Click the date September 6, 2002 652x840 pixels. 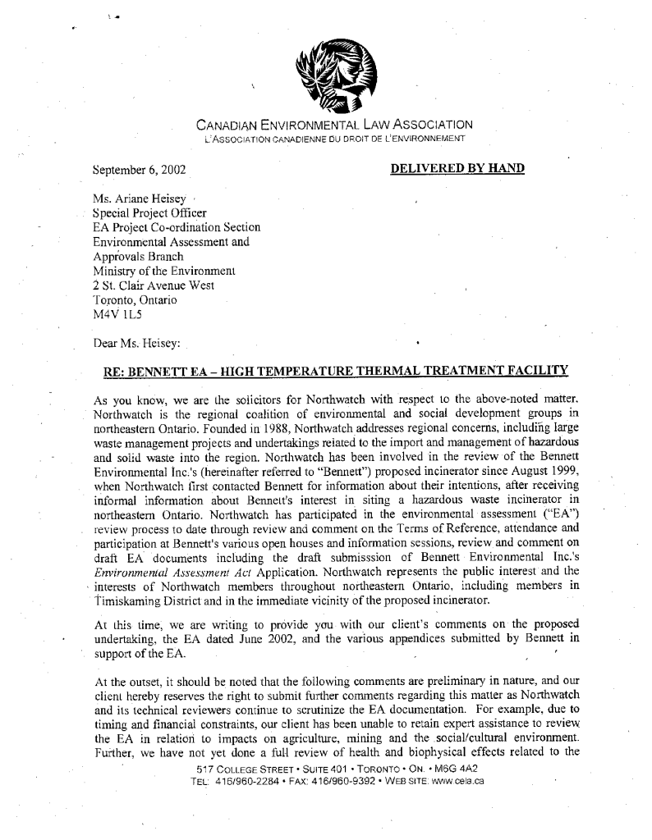pyautogui.click(x=140, y=171)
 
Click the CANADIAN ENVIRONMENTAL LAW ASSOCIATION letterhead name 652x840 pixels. pyautogui.click(x=334, y=126)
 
